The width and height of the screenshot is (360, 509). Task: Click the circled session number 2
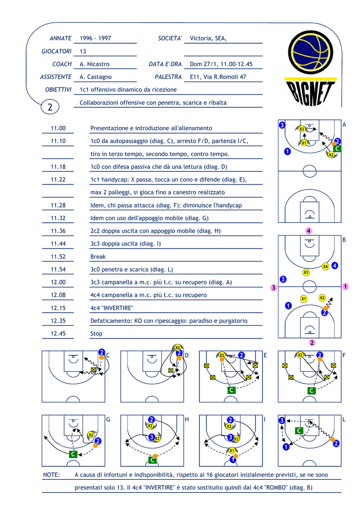pyautogui.click(x=50, y=107)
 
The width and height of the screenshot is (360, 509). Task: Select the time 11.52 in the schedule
pyautogui.click(x=58, y=256)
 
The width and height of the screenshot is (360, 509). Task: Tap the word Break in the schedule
pyautogui.click(x=98, y=256)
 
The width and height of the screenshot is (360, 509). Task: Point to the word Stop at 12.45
pyautogui.click(x=96, y=334)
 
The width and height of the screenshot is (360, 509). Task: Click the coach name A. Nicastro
pyautogui.click(x=94, y=64)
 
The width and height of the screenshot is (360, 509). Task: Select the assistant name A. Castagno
pyautogui.click(x=95, y=77)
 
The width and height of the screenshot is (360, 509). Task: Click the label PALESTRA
pyautogui.click(x=168, y=77)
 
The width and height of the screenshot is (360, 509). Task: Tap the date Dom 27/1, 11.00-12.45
pyautogui.click(x=221, y=64)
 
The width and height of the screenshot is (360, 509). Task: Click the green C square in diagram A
pyautogui.click(x=337, y=149)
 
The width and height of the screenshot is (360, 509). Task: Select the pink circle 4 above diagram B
pyautogui.click(x=309, y=231)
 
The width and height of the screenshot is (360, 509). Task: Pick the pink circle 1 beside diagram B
pyautogui.click(x=346, y=287)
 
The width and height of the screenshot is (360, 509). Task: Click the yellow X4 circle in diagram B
pyautogui.click(x=326, y=266)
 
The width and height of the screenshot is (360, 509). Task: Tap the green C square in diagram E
pyautogui.click(x=231, y=390)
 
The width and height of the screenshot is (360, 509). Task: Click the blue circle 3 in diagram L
pyautogui.click(x=282, y=421)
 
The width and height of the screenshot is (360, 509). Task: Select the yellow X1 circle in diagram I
pyautogui.click(x=232, y=450)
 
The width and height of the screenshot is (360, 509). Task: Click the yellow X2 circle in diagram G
pyautogui.click(x=91, y=435)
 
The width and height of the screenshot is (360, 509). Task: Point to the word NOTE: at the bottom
pyautogui.click(x=51, y=475)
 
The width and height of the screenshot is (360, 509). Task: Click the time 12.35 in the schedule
pyautogui.click(x=58, y=321)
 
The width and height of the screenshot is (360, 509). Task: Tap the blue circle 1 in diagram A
pyautogui.click(x=287, y=151)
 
